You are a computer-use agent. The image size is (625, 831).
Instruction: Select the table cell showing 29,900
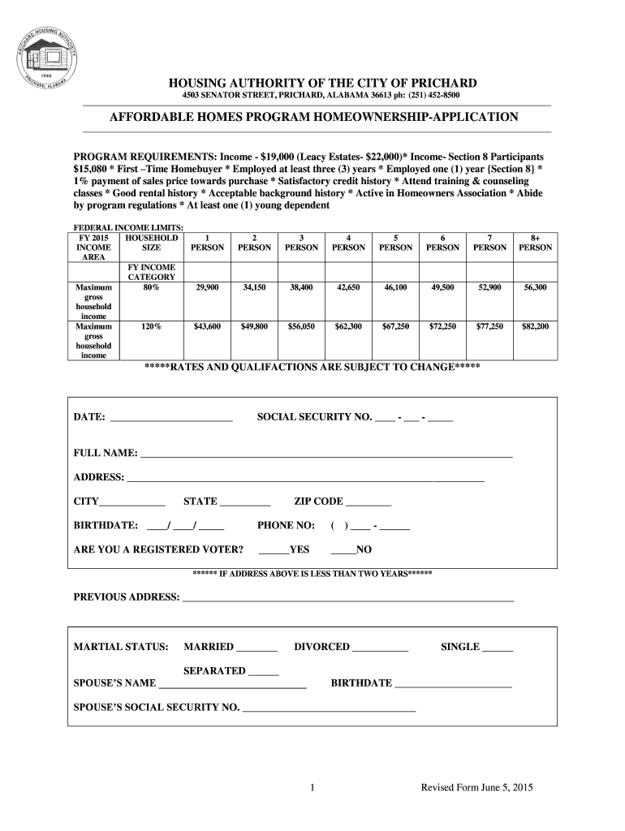(x=207, y=287)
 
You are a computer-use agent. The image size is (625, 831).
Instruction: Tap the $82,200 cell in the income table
(x=535, y=326)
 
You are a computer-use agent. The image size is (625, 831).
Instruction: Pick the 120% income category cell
(x=151, y=326)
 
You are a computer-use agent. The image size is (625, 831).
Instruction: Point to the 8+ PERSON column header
(x=535, y=242)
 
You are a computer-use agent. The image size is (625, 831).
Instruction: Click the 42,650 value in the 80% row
(x=348, y=287)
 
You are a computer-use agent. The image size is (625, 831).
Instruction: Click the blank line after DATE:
(x=170, y=420)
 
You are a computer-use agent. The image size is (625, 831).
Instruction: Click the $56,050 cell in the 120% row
(x=301, y=326)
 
